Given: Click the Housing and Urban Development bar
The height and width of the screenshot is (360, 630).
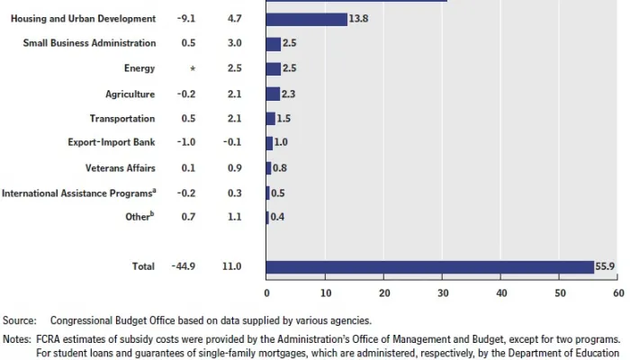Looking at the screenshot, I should [307, 19].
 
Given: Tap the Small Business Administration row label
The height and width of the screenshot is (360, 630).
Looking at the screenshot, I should [89, 43].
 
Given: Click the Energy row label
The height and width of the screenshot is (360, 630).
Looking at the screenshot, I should [139, 68].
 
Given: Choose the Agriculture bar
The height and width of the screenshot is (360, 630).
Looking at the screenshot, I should [273, 94].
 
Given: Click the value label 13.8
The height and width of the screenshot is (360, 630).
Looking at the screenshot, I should [361, 19].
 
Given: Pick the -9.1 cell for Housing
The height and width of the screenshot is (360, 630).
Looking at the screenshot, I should [189, 18].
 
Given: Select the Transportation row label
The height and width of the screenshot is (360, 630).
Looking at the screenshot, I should [122, 118].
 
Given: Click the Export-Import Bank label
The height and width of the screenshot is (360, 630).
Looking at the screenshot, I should [112, 142].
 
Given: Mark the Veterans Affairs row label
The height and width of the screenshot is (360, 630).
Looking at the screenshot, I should [121, 167].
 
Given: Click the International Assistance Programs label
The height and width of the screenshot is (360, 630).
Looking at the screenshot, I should [78, 192].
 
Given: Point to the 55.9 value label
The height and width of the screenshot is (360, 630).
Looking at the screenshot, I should [605, 266].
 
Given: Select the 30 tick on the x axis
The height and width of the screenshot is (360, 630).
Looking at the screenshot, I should [443, 293].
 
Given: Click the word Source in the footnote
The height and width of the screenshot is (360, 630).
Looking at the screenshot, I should [19, 320].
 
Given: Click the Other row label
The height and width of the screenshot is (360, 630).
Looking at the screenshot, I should [140, 216].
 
